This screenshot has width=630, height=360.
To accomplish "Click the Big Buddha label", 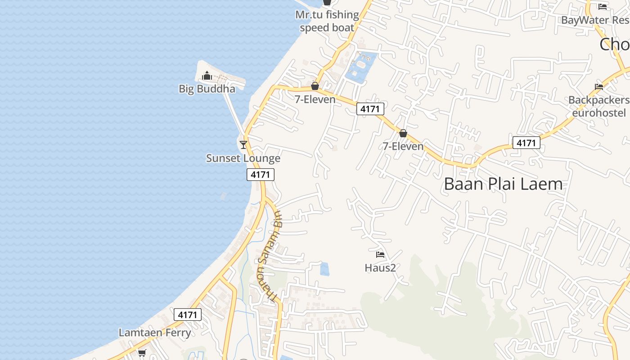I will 207,89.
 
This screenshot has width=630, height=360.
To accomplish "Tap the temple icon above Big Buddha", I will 207,76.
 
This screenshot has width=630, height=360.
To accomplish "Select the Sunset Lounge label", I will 243,158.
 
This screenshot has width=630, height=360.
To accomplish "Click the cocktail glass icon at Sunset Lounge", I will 243,144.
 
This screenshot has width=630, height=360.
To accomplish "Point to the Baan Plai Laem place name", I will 503,184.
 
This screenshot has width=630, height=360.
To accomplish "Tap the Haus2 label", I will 380,268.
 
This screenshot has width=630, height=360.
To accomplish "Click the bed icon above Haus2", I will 380,255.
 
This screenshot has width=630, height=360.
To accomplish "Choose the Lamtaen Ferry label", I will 155,333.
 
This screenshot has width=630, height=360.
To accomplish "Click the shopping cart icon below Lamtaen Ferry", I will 142,353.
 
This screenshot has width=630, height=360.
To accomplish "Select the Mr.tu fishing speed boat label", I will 327,21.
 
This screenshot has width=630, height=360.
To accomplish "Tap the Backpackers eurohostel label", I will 599,106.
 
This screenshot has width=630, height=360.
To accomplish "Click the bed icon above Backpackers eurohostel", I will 598,86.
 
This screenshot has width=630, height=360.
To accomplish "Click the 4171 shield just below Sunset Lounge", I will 260,175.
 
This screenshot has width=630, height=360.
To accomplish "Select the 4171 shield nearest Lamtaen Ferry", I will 187,315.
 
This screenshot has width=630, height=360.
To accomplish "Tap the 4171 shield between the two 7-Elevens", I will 370,108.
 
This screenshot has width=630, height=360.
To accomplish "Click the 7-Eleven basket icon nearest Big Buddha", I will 315,86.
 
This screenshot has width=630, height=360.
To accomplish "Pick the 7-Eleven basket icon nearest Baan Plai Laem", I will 403,133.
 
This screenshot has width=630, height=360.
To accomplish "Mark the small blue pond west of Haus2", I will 324,269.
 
